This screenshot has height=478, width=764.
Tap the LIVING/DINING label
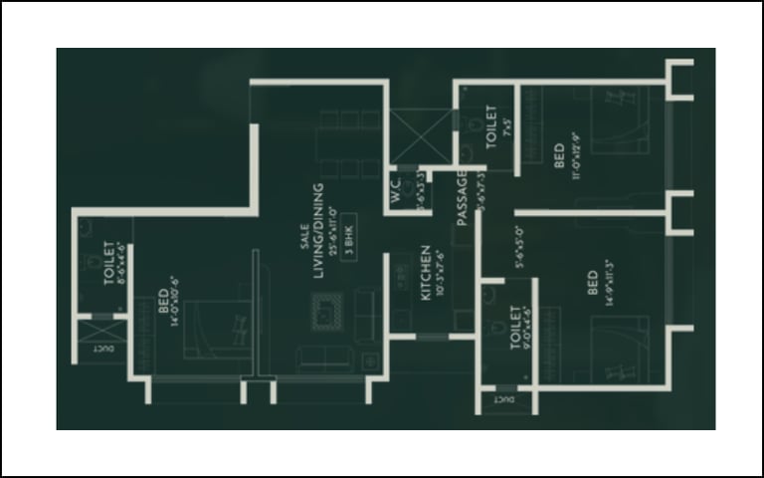coord(317,231)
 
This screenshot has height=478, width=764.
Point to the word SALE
coord(303,237)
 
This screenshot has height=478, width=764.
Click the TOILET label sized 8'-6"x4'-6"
coord(109,263)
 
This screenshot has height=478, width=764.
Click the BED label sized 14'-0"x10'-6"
coord(162,301)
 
